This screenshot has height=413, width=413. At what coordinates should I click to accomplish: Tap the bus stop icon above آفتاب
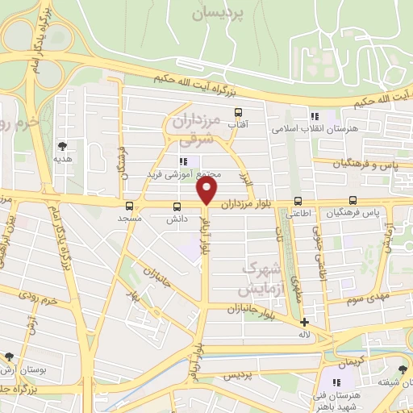[x=238, y=113]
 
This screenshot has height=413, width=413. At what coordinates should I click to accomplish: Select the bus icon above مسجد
[x=130, y=206]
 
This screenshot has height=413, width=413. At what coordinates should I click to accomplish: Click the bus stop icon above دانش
[x=177, y=206]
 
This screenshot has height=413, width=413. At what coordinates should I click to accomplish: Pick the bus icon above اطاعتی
[x=298, y=201]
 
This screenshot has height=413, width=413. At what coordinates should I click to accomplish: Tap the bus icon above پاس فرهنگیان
[x=352, y=201]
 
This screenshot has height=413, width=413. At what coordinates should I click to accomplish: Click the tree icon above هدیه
[x=62, y=146]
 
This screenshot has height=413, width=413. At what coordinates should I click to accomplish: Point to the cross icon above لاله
[x=304, y=323]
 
